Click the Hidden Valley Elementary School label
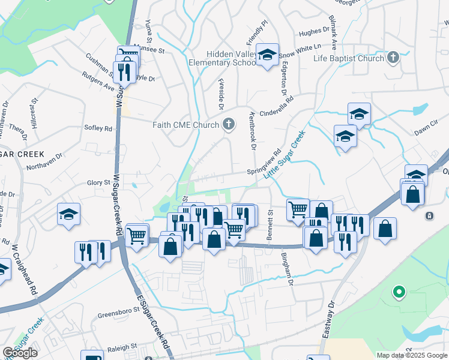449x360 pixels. (223, 58)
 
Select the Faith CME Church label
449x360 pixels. (187, 125)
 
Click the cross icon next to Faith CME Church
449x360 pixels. (228, 125)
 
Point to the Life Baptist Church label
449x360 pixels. (349, 58)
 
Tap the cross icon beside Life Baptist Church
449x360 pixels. (393, 58)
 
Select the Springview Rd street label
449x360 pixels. (264, 163)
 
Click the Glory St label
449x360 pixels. (99, 182)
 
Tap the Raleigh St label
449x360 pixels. (122, 347)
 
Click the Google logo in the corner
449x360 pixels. (20, 353)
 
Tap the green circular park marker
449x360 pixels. (397, 293)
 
